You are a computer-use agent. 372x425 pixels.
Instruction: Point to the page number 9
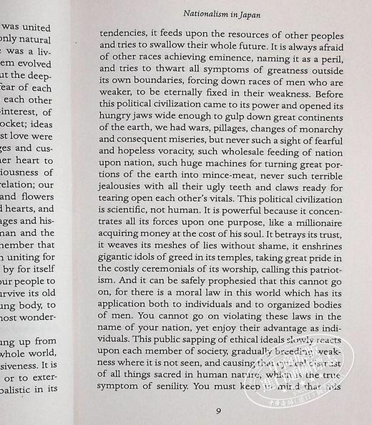(x=217, y=411)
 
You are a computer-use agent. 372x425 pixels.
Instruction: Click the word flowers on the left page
(x=34, y=195)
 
